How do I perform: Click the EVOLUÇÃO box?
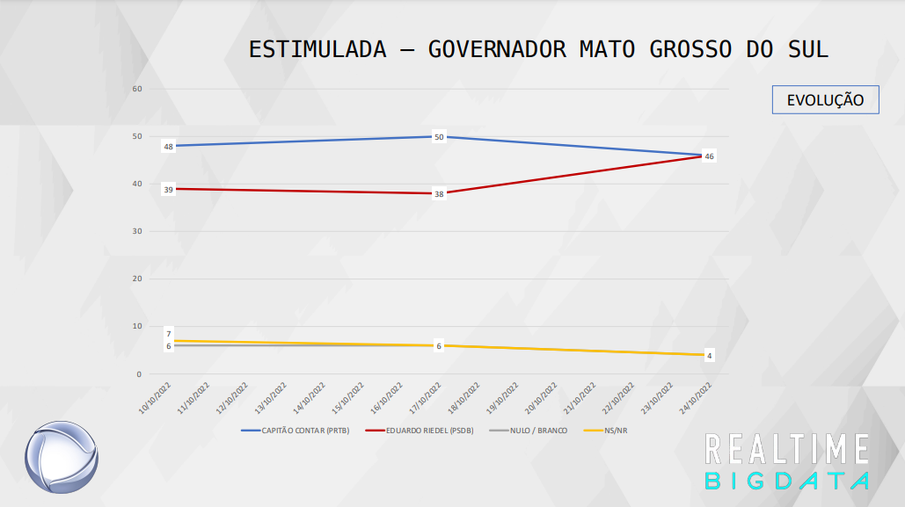click(825, 99)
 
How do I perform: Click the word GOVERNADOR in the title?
click(497, 49)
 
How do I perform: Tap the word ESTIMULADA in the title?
click(317, 49)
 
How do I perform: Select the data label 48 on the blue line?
click(168, 147)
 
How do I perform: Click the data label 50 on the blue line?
click(439, 136)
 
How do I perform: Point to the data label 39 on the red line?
click(168, 189)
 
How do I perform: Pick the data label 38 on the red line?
click(439, 193)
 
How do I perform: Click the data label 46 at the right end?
click(709, 156)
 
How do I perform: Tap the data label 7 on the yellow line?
click(168, 334)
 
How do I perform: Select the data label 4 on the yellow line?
click(709, 356)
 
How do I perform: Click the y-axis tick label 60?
click(137, 89)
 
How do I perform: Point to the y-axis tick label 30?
click(137, 231)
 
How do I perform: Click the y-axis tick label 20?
click(137, 279)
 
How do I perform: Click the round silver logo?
click(61, 457)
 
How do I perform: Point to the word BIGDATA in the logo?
click(787, 481)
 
